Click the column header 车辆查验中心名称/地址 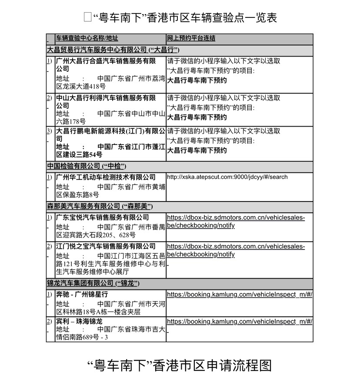[x=87, y=38]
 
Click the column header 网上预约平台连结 [x=191, y=38]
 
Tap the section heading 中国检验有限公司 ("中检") [x=87, y=166]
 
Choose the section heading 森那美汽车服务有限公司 [x=100, y=206]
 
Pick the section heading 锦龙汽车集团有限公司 [x=93, y=283]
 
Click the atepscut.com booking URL [x=227, y=177]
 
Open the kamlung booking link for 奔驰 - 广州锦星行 [x=240, y=295]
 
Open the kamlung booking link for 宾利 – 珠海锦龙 [x=240, y=322]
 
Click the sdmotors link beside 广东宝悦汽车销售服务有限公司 [x=236, y=222]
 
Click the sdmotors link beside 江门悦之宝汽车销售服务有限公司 [x=236, y=250]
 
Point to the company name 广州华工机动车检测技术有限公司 [x=106, y=177]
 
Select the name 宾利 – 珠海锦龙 [x=79, y=321]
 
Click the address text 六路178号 [x=71, y=121]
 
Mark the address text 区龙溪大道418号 [x=81, y=86]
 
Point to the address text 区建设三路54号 [x=79, y=155]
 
